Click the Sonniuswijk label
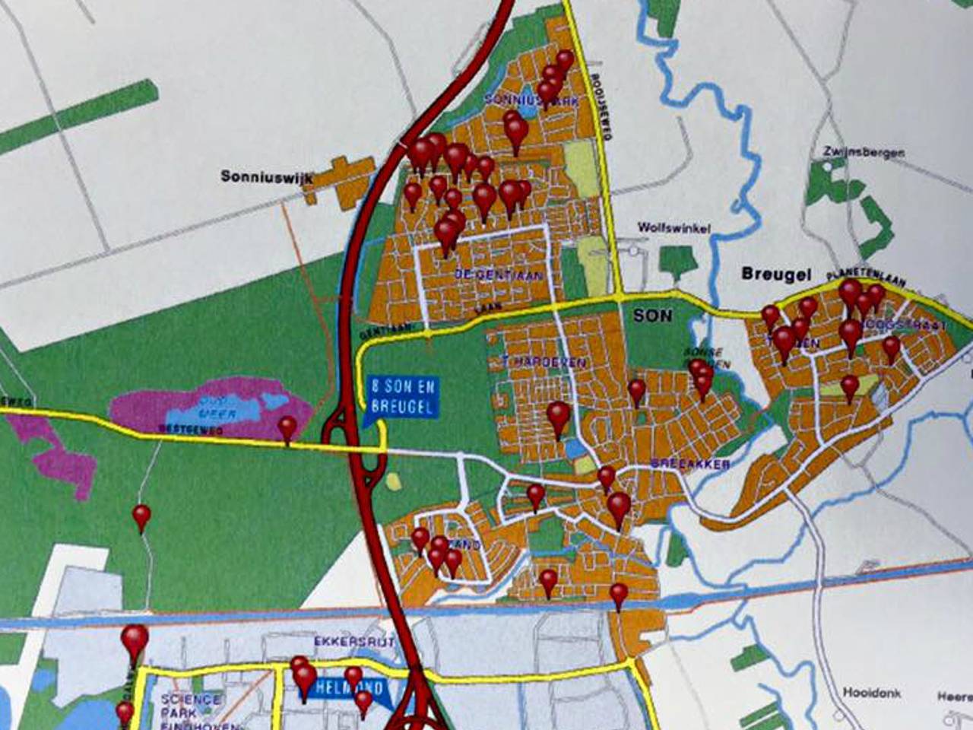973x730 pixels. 267,177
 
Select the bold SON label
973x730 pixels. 652,315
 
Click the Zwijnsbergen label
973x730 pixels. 864,152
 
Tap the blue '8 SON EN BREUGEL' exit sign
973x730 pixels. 402,396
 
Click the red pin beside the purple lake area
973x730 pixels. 287,428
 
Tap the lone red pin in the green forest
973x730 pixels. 141,517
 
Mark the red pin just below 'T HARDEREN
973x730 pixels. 558,416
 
